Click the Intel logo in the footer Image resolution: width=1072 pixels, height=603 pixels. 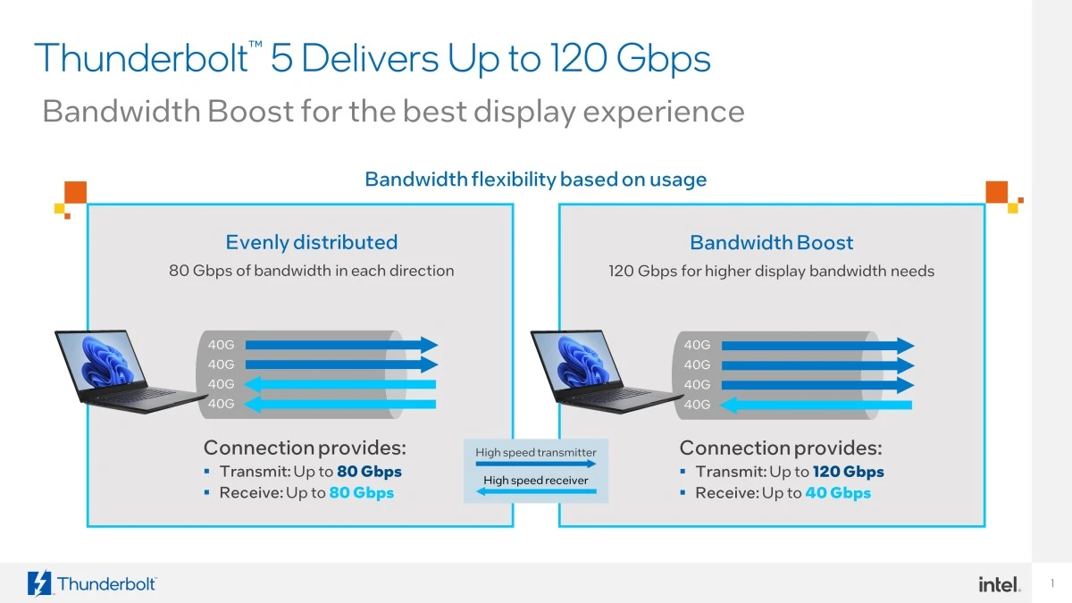(x=999, y=584)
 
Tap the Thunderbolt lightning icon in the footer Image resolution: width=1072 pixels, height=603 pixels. (x=40, y=583)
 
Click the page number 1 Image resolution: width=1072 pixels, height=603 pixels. (x=1052, y=584)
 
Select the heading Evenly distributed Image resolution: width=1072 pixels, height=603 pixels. (x=311, y=242)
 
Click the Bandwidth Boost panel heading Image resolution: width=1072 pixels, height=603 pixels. (x=771, y=242)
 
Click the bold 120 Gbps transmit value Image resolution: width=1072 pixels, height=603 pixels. (x=848, y=472)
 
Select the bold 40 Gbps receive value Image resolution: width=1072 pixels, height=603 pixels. (x=837, y=493)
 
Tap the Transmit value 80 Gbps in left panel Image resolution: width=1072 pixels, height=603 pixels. (x=369, y=472)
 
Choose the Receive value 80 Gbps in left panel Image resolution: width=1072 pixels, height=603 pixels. (x=361, y=493)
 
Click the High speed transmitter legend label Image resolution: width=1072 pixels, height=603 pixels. (x=535, y=453)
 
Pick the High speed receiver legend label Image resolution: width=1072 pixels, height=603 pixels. (x=535, y=481)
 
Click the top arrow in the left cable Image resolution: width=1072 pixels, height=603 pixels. (x=341, y=345)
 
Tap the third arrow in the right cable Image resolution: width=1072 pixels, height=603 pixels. (x=817, y=385)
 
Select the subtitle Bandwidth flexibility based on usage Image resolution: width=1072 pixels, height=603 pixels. (x=535, y=180)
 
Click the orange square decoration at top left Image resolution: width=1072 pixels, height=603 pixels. (x=75, y=191)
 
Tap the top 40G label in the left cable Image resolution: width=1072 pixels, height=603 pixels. (x=221, y=345)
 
